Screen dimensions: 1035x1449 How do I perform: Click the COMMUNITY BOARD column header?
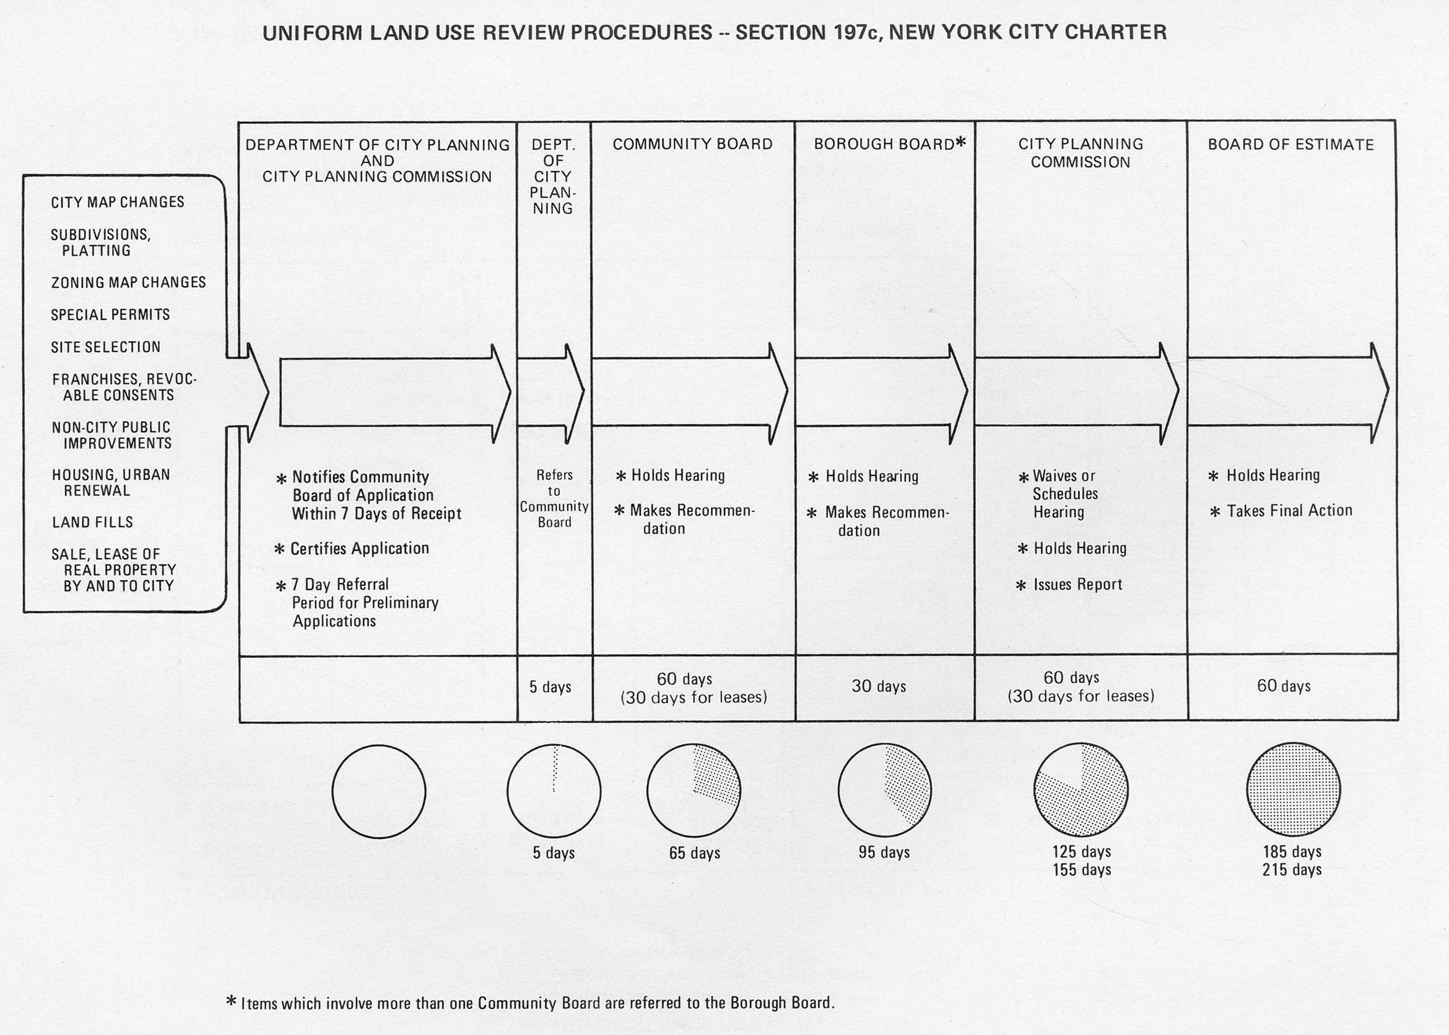point(692,144)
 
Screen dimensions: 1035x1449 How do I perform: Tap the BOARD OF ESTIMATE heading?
point(1291,145)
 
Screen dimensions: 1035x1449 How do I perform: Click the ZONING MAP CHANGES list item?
point(128,282)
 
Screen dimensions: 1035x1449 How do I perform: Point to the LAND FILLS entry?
point(92,522)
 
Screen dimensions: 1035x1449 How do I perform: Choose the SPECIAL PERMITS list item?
point(110,315)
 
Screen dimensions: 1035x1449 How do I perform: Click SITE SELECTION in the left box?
point(106,347)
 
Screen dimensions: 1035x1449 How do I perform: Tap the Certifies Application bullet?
point(360,548)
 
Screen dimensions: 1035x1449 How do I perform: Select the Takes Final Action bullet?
point(1289,511)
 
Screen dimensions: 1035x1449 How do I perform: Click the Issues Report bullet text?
point(1077,584)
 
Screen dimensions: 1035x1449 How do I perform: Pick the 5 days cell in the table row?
point(550,687)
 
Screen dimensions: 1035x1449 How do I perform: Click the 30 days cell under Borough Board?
point(879,686)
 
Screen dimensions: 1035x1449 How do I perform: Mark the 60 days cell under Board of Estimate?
point(1283,686)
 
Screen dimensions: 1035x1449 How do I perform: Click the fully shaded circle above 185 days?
point(1293,789)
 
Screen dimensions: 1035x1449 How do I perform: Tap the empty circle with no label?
point(379,792)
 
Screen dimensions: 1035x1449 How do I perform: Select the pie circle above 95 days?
point(884,790)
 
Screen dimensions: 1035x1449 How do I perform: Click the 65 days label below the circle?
point(694,853)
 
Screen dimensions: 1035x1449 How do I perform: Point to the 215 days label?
point(1292,870)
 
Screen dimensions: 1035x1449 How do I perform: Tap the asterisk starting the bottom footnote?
point(232,1000)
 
